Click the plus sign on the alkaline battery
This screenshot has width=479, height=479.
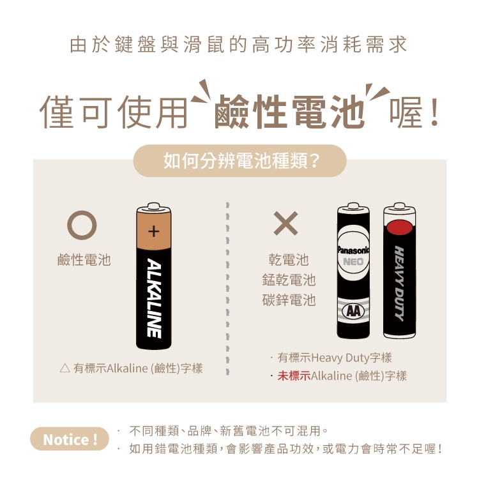click(x=154, y=231)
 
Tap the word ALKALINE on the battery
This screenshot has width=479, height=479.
click(x=154, y=298)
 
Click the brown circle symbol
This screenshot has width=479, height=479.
click(x=82, y=225)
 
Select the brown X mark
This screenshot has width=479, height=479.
click(x=285, y=224)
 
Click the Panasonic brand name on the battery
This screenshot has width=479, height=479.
click(x=353, y=250)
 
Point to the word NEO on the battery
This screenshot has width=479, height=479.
click(x=353, y=262)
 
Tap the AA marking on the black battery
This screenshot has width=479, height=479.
click(x=353, y=311)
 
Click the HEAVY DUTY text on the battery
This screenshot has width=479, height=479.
click(x=400, y=284)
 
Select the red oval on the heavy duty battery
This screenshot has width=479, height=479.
click(x=400, y=227)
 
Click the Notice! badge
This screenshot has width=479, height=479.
click(x=70, y=439)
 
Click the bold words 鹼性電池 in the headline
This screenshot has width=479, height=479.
click(x=289, y=112)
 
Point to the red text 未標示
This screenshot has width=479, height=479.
click(x=294, y=376)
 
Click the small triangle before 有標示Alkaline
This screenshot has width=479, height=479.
click(x=65, y=369)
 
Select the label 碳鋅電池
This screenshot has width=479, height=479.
click(x=289, y=300)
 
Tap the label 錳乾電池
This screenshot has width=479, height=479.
click(x=289, y=280)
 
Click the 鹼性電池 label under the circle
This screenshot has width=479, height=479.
click(x=84, y=260)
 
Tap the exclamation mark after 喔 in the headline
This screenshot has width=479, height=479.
click(x=434, y=112)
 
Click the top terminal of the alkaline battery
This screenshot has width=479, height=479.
click(x=153, y=206)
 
